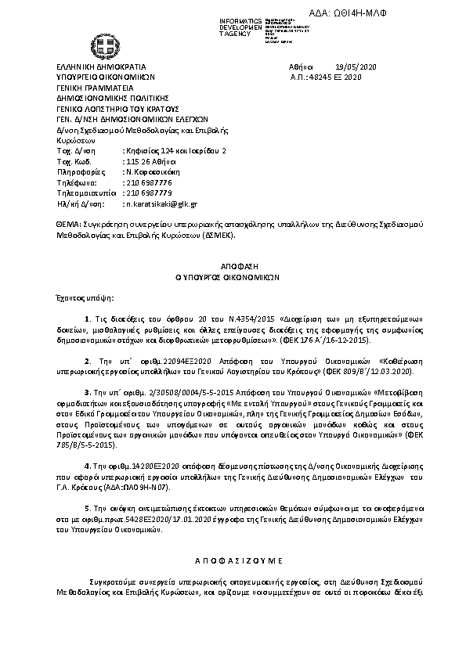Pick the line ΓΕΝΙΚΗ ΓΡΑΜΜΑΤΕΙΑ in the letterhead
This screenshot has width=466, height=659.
(x=88, y=88)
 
